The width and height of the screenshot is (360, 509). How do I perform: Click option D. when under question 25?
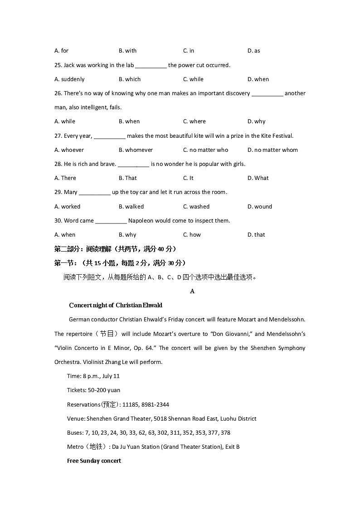click(x=258, y=79)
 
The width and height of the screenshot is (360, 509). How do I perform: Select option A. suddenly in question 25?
click(x=69, y=79)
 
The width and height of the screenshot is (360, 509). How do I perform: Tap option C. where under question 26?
click(x=194, y=121)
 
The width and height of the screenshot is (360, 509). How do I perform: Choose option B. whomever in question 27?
click(x=136, y=150)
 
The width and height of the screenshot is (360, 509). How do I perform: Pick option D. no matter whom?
click(x=272, y=150)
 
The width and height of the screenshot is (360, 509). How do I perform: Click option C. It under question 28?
click(x=188, y=178)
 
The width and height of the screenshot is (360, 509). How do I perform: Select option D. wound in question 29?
click(x=259, y=207)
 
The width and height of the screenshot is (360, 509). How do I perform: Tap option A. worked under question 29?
click(x=67, y=207)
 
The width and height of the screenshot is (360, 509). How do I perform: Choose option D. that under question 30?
click(x=256, y=235)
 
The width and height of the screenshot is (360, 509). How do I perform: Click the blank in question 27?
click(x=110, y=136)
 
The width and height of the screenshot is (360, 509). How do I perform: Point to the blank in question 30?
click(x=111, y=221)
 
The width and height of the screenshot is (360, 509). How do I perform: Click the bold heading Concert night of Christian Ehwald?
click(x=116, y=305)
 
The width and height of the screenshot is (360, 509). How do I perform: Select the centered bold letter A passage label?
click(x=192, y=291)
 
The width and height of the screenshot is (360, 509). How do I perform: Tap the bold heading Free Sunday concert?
click(x=94, y=461)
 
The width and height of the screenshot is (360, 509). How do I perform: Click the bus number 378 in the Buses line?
click(x=225, y=433)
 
